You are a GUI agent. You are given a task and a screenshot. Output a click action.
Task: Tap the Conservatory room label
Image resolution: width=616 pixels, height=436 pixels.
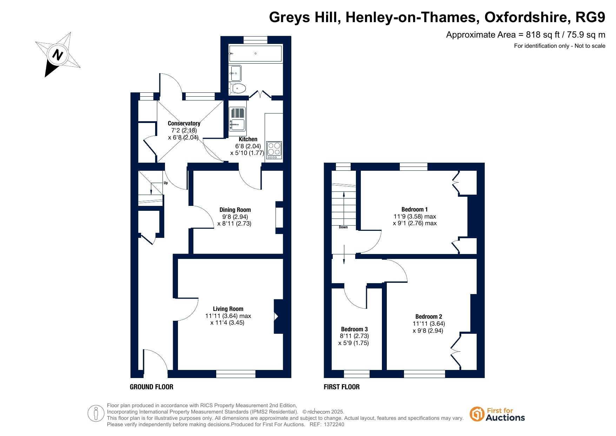click(184, 123)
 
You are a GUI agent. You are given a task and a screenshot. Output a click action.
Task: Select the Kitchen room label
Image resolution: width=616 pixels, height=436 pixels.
click(248, 139)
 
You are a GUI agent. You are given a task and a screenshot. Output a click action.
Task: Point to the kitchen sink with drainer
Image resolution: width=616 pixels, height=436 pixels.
click(237, 119)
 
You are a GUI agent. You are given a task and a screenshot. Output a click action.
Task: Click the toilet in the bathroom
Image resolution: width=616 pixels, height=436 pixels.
click(237, 88)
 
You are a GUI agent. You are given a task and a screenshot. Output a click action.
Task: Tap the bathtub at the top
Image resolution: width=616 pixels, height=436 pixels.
click(255, 53)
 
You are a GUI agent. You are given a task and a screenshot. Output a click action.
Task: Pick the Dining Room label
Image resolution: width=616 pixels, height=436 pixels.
click(235, 210)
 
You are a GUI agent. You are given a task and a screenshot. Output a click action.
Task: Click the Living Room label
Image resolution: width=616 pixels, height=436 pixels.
click(228, 309)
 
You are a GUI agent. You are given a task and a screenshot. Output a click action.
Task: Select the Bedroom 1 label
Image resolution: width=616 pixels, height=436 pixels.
click(415, 209)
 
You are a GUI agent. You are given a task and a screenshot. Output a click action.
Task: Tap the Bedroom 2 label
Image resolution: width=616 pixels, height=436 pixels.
click(429, 317)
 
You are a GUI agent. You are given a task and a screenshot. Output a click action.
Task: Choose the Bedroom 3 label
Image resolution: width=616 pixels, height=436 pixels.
click(355, 329)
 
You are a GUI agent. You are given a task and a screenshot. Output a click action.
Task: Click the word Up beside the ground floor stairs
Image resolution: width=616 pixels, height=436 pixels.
click(166, 183)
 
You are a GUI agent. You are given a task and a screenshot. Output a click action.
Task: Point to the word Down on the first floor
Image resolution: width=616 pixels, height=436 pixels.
click(343, 227)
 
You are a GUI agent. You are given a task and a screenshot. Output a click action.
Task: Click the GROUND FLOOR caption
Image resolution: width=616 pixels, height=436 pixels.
click(152, 387)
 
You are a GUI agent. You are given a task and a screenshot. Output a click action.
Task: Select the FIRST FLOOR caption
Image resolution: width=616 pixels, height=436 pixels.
click(342, 387)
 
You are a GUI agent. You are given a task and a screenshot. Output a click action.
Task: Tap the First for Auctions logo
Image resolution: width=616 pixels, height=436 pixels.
click(497, 414)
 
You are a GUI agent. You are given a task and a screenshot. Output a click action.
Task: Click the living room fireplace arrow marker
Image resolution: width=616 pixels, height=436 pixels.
click(276, 317)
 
